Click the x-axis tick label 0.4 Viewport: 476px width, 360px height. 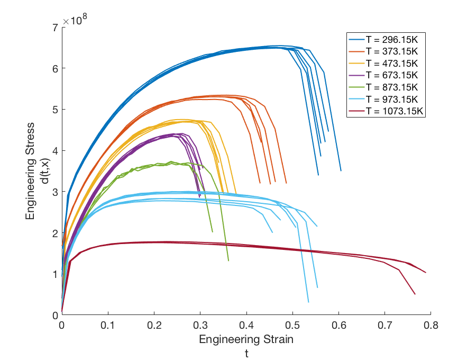246,325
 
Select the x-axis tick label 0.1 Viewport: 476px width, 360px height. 108,325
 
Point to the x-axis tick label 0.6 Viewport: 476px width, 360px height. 338,325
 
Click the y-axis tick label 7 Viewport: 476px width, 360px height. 55,27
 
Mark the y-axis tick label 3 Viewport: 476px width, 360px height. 55,192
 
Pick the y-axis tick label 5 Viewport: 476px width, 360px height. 55,110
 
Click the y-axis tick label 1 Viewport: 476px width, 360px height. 55,274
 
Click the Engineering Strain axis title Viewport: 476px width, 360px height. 246,339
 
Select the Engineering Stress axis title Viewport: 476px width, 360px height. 31,170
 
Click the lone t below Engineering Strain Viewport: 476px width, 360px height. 246,352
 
